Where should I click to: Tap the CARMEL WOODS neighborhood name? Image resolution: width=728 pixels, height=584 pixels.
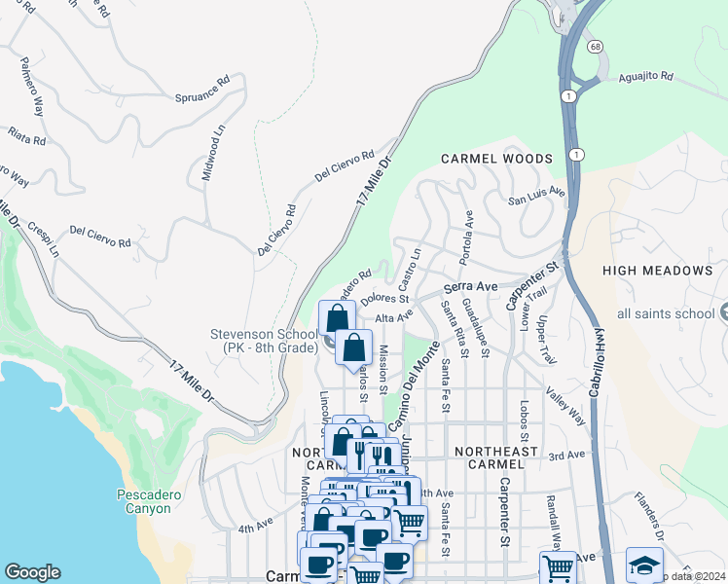pos(496,159)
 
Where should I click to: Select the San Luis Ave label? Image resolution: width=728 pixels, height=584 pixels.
pos(536,196)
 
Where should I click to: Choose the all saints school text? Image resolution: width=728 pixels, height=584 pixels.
pos(665,313)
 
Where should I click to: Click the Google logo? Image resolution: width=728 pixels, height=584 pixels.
pos(32,572)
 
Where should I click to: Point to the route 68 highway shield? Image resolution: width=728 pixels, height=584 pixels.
pos(593,46)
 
